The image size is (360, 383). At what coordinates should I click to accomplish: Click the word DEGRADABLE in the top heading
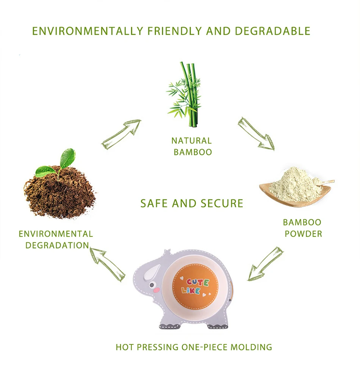click(x=272, y=31)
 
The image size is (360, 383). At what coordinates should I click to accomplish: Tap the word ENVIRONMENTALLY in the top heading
click(x=88, y=31)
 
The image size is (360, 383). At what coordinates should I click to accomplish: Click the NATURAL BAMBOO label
click(x=192, y=146)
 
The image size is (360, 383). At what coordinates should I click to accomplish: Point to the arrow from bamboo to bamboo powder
click(x=256, y=133)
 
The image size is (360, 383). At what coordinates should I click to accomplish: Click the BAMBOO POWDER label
click(x=303, y=228)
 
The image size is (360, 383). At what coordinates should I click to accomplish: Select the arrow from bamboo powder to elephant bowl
click(x=265, y=264)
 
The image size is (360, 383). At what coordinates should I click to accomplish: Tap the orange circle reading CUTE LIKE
click(x=195, y=286)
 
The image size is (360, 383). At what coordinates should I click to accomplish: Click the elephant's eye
click(x=152, y=285)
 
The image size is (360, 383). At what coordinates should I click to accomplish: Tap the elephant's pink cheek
click(x=156, y=290)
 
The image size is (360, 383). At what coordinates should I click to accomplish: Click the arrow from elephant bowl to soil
click(x=108, y=264)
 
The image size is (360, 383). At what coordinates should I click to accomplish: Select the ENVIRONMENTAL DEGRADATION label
click(x=56, y=239)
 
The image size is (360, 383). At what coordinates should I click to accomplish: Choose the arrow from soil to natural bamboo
click(x=121, y=134)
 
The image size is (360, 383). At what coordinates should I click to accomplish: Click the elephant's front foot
click(x=171, y=326)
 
